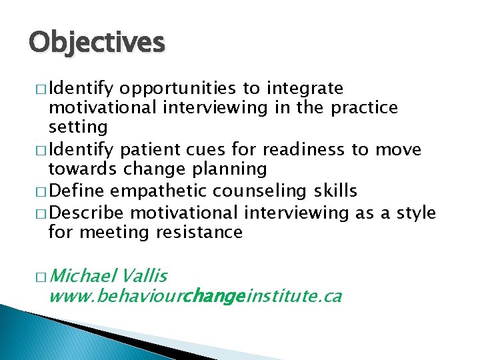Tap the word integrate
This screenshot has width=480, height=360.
[x=305, y=89]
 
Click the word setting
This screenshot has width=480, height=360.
[x=78, y=127]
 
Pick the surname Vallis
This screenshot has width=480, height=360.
[x=145, y=276]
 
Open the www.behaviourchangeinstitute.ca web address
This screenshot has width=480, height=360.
[x=195, y=296]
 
